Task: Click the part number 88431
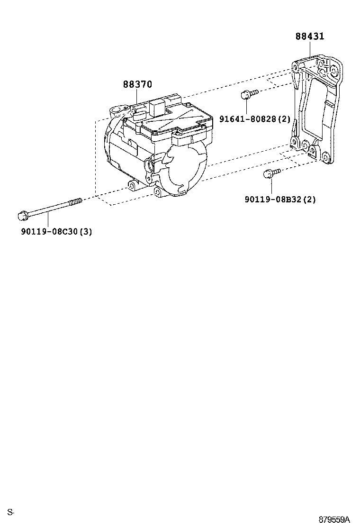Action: click(310, 36)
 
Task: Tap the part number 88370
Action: click(137, 84)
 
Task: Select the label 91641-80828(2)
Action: click(254, 118)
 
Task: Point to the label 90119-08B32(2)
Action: click(280, 200)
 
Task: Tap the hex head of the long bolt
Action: click(22, 216)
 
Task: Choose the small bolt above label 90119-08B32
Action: click(272, 173)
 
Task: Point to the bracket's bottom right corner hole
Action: click(324, 158)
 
